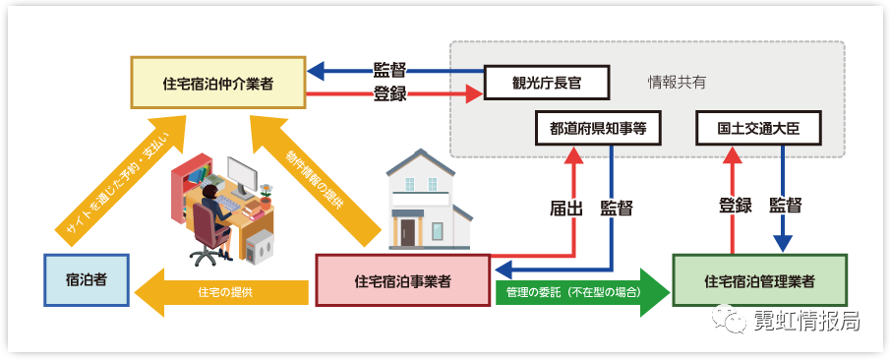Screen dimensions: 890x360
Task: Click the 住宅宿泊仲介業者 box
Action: (x=218, y=83)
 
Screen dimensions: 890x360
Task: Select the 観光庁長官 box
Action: (x=546, y=83)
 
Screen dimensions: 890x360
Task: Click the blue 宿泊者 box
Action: (x=87, y=280)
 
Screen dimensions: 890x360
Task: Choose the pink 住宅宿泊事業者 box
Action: (x=402, y=280)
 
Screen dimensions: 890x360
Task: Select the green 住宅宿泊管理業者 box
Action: (x=759, y=280)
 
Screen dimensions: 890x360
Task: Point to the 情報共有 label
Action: (x=678, y=83)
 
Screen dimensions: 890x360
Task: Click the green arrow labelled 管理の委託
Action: (x=580, y=292)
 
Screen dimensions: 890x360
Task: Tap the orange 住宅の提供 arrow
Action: (x=221, y=292)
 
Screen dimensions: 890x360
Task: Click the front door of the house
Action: (x=407, y=232)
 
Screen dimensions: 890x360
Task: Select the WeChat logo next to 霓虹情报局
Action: (x=729, y=318)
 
